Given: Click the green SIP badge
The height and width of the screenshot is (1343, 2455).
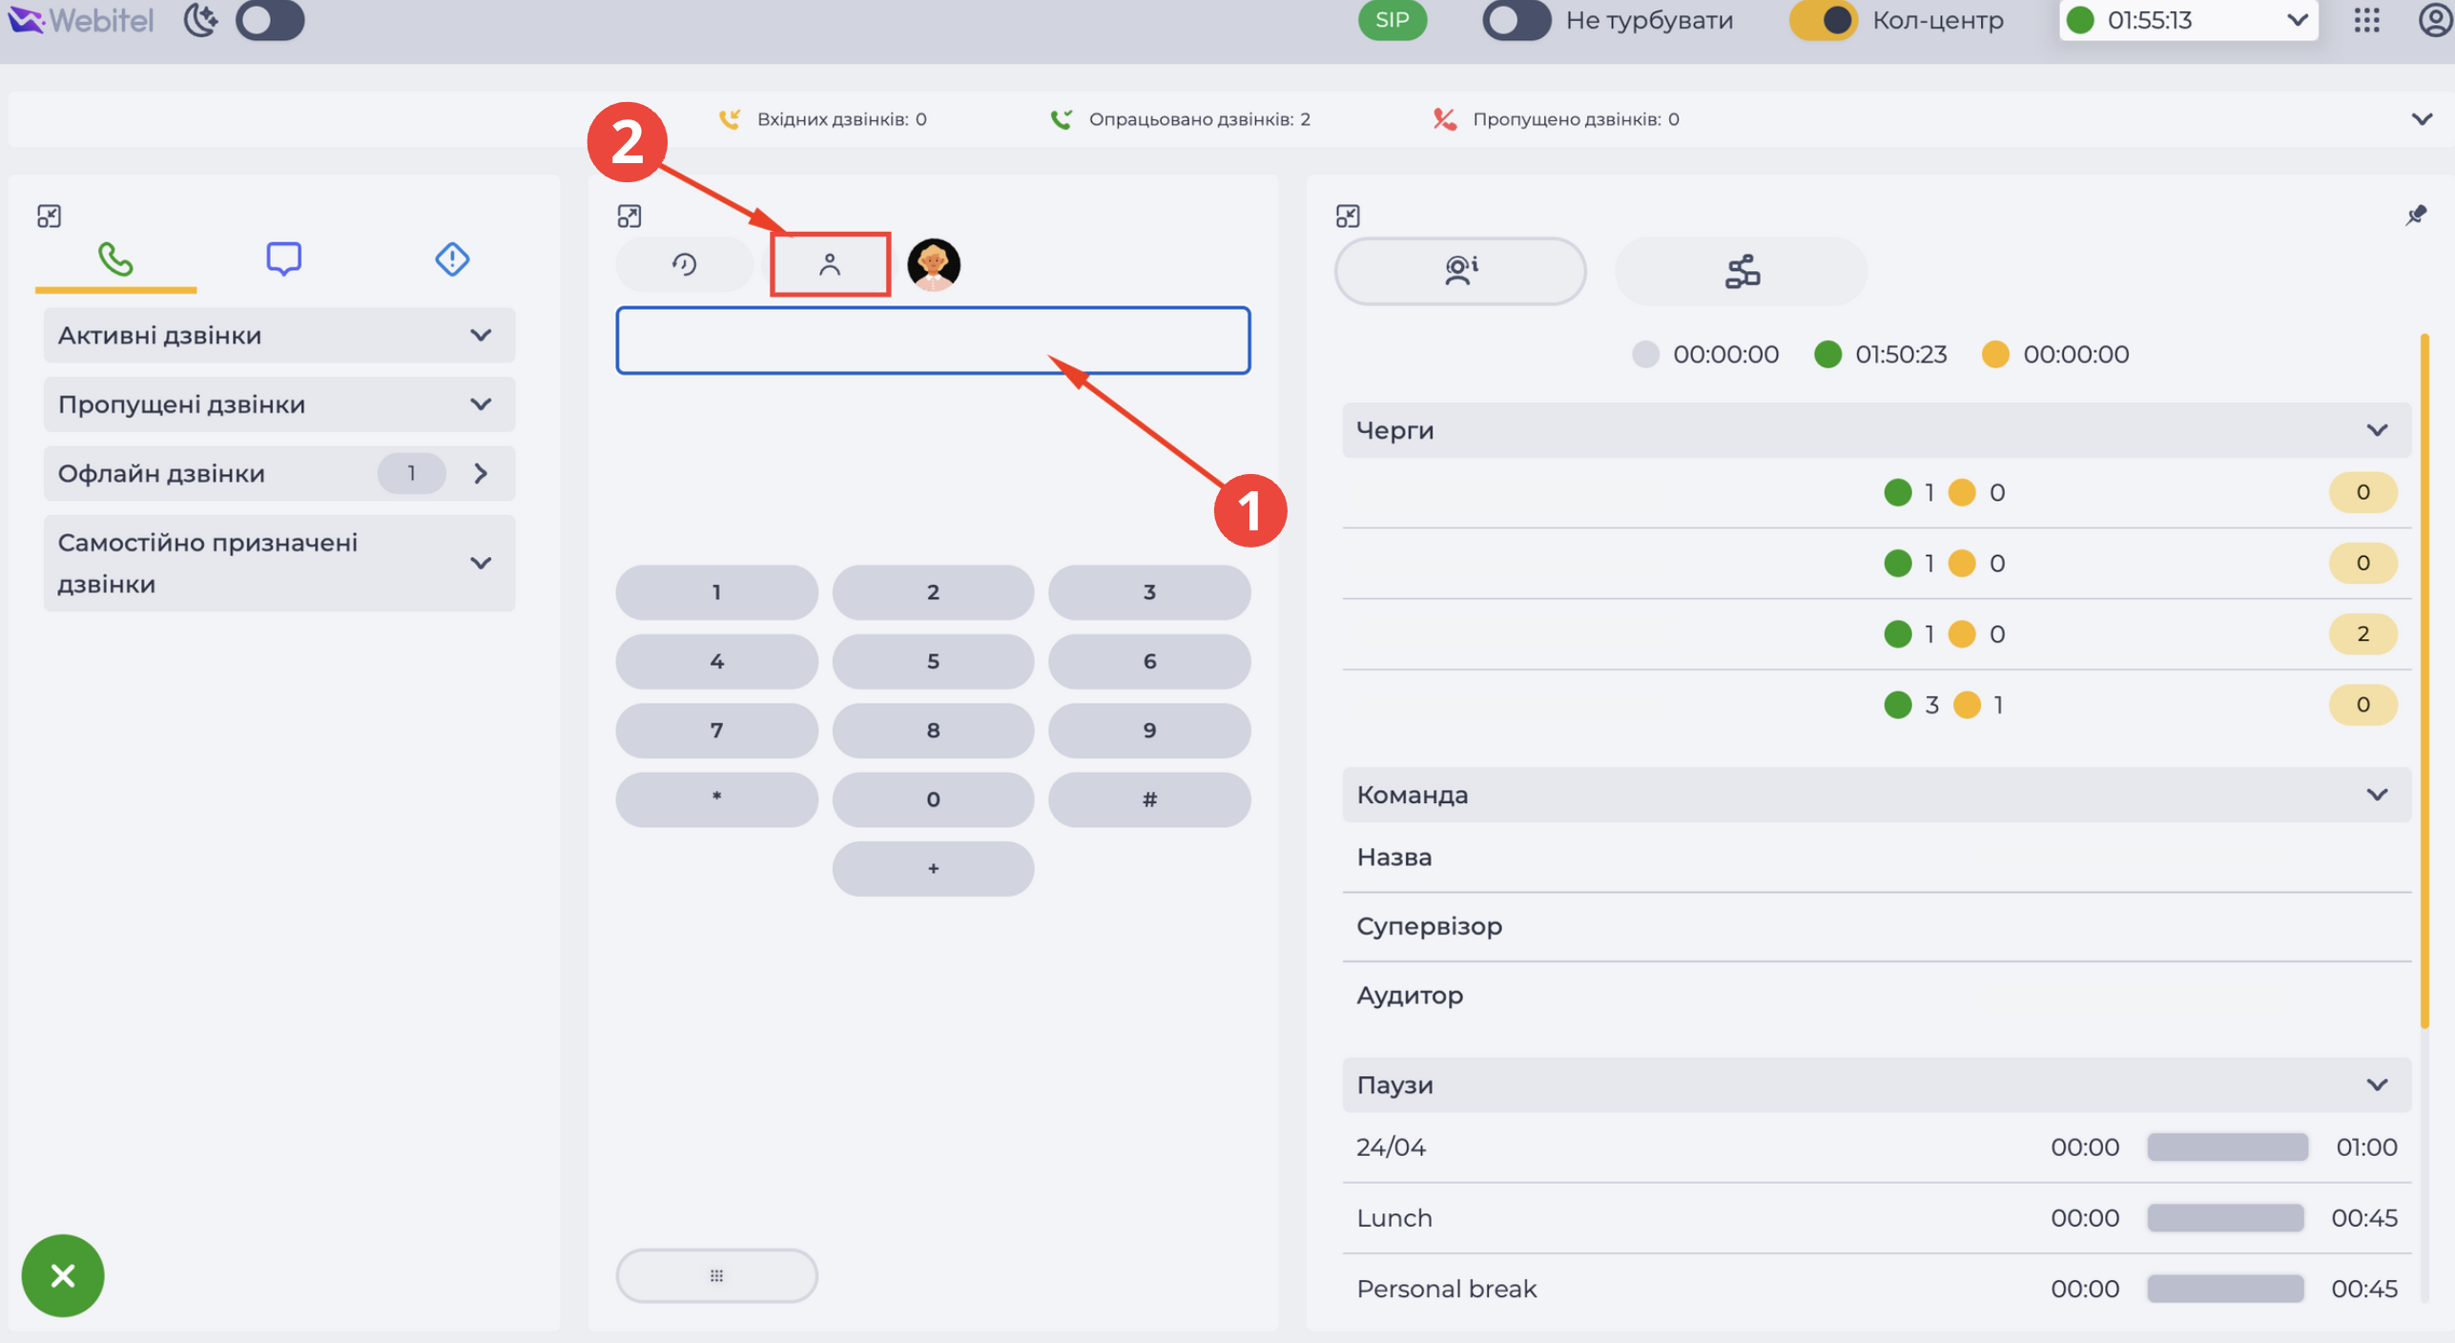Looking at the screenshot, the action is [1392, 20].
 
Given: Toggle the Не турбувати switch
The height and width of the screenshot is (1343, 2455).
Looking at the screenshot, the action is [1516, 20].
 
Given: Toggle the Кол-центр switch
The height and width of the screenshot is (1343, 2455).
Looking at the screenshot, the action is [1822, 20].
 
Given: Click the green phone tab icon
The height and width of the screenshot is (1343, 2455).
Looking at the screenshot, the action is [115, 259].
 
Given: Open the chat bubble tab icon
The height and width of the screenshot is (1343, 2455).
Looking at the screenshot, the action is [283, 259].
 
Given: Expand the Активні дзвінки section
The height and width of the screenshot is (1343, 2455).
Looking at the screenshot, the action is [279, 335].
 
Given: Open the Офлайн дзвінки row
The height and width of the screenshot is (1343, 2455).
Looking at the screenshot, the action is [279, 473].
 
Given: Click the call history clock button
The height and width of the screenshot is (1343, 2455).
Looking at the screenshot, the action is [684, 264].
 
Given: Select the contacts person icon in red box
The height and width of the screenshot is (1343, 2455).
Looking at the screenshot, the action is [830, 264].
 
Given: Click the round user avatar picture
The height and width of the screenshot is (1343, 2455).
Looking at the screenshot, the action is [933, 264].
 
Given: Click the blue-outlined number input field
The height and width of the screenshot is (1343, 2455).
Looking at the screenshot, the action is [933, 341].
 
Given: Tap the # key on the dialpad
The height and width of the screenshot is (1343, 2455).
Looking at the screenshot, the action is [1149, 799].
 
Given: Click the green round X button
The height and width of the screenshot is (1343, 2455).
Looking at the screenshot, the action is [63, 1275].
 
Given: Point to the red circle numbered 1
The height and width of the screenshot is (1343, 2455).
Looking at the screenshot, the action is [1250, 510].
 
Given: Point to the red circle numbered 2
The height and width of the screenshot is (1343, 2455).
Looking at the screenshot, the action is [627, 142].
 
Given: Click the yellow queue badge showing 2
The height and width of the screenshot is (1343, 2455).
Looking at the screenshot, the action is [2362, 634].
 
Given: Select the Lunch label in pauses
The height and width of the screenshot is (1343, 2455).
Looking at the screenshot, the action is [1394, 1218].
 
